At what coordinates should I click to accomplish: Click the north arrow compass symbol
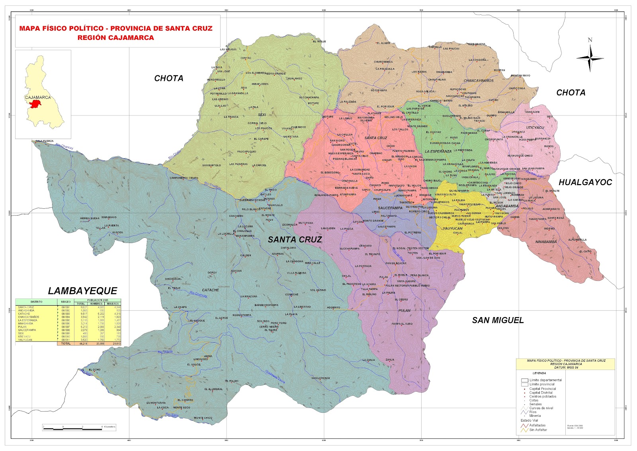click(590, 58)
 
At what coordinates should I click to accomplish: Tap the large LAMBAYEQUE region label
click(82, 291)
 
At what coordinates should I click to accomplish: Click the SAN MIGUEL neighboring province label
click(498, 320)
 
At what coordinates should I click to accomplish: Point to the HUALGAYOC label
click(585, 182)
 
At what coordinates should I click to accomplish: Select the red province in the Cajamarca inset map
click(36, 105)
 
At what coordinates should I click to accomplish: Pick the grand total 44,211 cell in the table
click(82, 343)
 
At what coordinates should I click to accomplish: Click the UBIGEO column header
click(66, 302)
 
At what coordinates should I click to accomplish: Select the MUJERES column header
click(113, 304)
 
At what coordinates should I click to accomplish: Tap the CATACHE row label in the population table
click(24, 314)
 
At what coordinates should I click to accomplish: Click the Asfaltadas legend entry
click(537, 425)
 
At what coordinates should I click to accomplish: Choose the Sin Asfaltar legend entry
click(538, 430)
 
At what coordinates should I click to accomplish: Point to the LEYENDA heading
click(539, 373)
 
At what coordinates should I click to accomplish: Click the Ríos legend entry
click(533, 412)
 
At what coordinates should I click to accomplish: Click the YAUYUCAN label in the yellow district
click(453, 229)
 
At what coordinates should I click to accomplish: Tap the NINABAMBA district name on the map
click(546, 242)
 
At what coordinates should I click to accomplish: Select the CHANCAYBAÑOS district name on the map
click(479, 81)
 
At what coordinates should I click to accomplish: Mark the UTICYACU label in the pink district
click(535, 127)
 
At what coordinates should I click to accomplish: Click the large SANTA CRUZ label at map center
click(295, 239)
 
